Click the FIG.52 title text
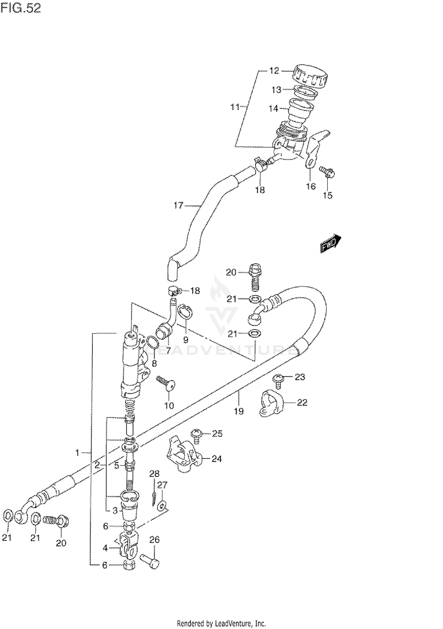pyautogui.click(x=21, y=9)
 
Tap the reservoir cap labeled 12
pyautogui.click(x=310, y=76)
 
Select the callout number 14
pyautogui.click(x=273, y=109)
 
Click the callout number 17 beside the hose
pyautogui.click(x=178, y=205)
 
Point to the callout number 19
pyautogui.click(x=239, y=411)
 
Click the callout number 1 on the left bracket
pyautogui.click(x=77, y=452)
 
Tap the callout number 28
pyautogui.click(x=154, y=474)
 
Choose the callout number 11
pyautogui.click(x=235, y=107)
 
